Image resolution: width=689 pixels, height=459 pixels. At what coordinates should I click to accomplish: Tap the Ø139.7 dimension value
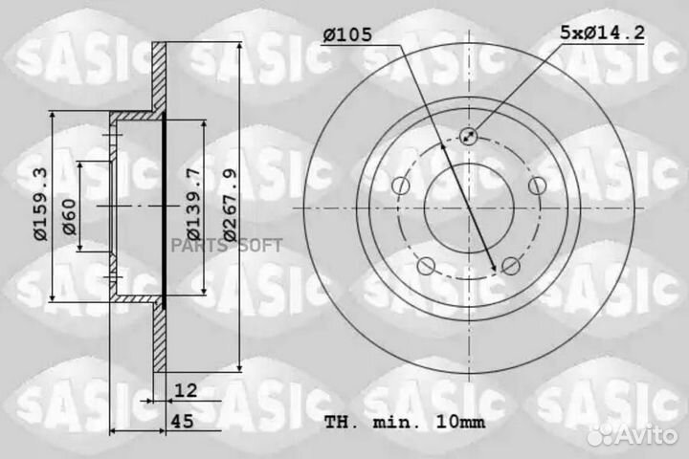click(191, 205)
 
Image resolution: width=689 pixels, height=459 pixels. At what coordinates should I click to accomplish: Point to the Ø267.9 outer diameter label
click(230, 206)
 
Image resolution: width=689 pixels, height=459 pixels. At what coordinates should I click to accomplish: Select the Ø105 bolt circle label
click(347, 34)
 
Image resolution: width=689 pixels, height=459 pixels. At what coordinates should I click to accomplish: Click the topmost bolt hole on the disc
click(468, 135)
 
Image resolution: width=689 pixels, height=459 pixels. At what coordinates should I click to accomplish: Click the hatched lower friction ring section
click(160, 336)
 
